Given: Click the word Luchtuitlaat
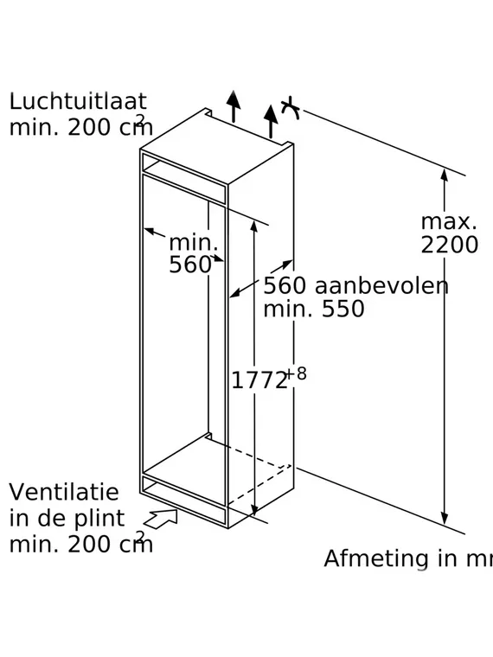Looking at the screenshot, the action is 78,101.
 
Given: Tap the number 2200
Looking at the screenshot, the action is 449,245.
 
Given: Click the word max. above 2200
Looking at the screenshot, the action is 449,222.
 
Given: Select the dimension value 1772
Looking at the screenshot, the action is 259,380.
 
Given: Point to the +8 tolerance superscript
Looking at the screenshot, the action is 297,373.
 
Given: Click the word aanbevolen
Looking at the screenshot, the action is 381,286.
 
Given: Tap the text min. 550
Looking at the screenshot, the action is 314,309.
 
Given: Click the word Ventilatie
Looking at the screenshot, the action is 64,492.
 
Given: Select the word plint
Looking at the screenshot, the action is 99,519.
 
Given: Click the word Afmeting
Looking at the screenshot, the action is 371,559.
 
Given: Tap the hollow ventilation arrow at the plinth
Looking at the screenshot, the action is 161,519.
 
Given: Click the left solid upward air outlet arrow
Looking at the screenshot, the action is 234,106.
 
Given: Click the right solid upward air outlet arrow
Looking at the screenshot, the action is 271,122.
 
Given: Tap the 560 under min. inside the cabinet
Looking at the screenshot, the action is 190,265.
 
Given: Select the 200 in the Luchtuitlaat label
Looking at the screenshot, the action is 86,127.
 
